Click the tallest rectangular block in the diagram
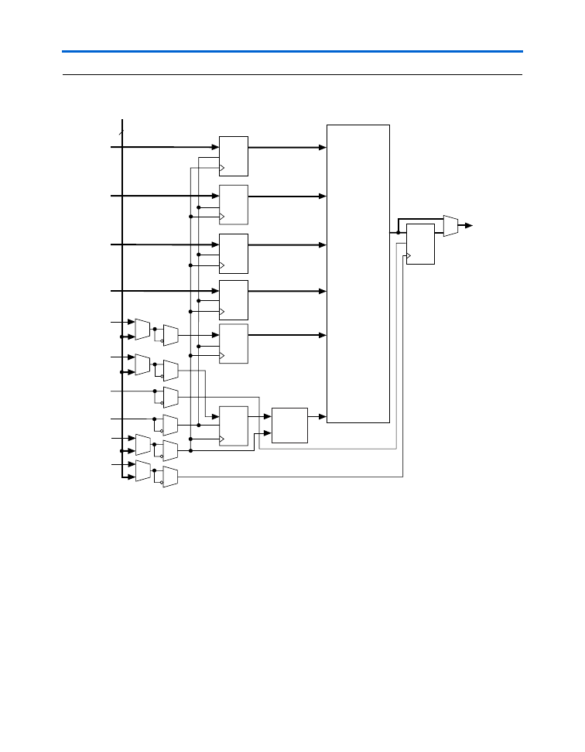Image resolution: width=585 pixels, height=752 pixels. click(x=358, y=272)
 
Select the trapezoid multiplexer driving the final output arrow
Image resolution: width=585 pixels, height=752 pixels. click(x=450, y=226)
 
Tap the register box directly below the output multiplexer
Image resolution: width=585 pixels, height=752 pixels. click(x=420, y=244)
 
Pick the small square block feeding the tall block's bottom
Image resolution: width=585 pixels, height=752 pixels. click(x=290, y=425)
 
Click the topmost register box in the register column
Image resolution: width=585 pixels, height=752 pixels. click(x=234, y=156)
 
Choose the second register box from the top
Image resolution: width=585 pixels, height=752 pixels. click(x=234, y=205)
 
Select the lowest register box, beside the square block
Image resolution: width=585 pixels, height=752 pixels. click(x=234, y=426)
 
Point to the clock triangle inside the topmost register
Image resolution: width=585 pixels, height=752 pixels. click(x=223, y=167)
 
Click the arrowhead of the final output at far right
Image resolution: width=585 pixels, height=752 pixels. click(x=469, y=226)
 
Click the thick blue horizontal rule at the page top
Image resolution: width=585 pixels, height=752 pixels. click(x=292, y=52)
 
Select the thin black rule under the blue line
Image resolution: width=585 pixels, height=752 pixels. click(x=292, y=75)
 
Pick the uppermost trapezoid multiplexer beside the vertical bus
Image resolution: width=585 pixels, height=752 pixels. click(x=142, y=329)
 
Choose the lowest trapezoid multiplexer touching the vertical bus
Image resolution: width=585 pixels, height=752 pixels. click(x=142, y=470)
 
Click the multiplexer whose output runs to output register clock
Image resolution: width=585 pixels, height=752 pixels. click(x=170, y=477)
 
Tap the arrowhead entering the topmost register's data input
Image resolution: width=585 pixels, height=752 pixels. click(x=216, y=145)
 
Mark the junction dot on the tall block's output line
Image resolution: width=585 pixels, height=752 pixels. click(x=398, y=231)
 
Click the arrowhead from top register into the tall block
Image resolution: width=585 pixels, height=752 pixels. click(x=323, y=146)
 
